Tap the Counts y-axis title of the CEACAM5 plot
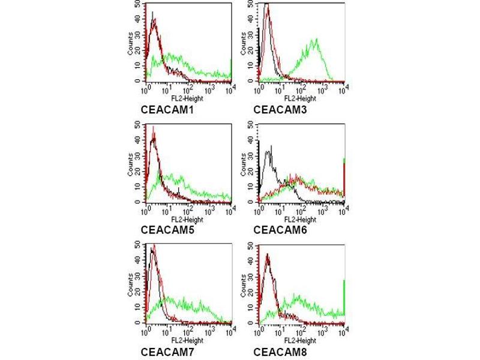tap(131, 164)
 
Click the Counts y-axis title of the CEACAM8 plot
tap(244, 285)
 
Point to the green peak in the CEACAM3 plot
tap(314, 41)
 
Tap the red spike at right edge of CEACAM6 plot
tap(344, 180)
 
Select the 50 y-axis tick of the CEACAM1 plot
tap(139, 4)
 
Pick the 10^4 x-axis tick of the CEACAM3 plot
tap(343, 89)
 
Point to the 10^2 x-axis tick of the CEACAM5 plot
tap(188, 209)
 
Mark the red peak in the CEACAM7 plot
tap(154, 245)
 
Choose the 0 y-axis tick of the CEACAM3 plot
tap(252, 80)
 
